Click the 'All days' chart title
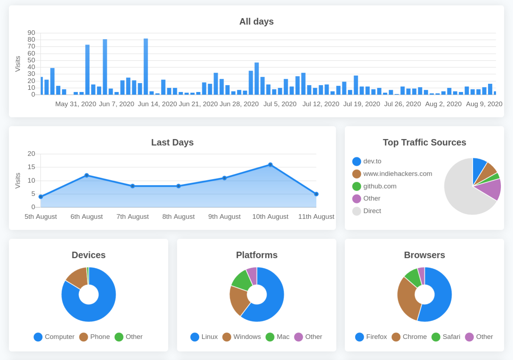click(x=256, y=21)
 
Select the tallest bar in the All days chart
click(x=146, y=66)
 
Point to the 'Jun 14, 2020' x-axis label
click(x=157, y=104)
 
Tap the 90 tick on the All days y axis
click(x=31, y=33)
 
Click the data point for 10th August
click(x=270, y=165)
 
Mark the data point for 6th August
click(x=87, y=175)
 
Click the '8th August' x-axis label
click(x=178, y=217)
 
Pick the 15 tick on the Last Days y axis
click(x=31, y=167)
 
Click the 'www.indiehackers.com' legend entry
click(x=392, y=174)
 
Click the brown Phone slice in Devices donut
click(x=77, y=278)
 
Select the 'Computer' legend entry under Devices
click(x=54, y=337)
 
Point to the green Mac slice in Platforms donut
click(x=242, y=281)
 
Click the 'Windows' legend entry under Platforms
click(x=242, y=337)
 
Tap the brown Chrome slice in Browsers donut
click(x=408, y=300)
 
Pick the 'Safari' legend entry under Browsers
click(x=446, y=337)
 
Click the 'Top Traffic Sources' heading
click(x=424, y=142)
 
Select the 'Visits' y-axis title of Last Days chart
click(x=18, y=181)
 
